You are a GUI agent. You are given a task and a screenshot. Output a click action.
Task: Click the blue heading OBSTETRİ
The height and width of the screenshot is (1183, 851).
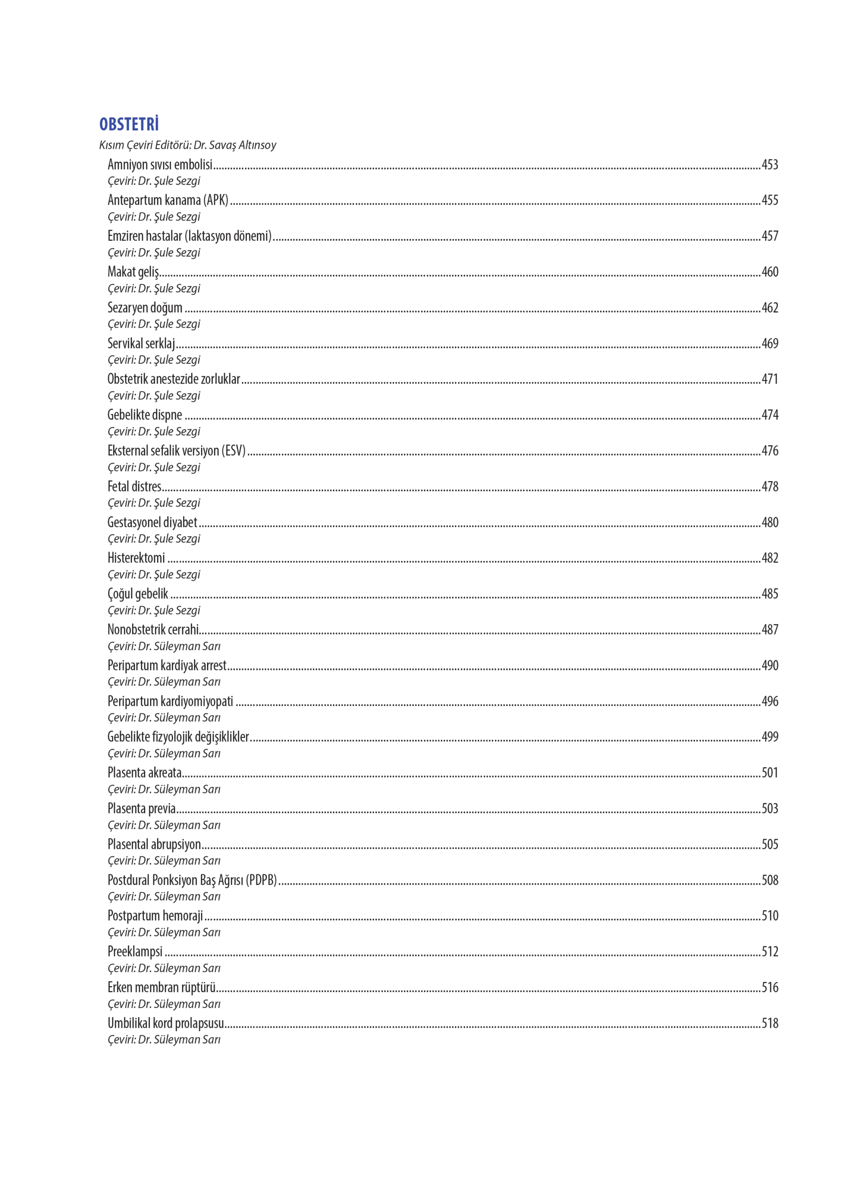(129, 124)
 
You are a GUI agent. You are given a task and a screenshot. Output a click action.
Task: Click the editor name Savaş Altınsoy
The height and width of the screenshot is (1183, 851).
(242, 145)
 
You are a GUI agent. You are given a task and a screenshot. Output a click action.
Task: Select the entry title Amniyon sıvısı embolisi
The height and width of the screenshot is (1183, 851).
(159, 165)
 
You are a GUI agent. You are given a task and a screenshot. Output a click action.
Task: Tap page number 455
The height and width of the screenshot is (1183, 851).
(770, 200)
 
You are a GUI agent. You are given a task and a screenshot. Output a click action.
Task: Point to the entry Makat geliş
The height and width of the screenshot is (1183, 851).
(133, 272)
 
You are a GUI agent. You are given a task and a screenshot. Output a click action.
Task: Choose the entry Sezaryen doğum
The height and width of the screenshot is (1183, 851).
(145, 308)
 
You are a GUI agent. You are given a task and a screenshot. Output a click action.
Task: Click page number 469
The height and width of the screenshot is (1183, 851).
(770, 343)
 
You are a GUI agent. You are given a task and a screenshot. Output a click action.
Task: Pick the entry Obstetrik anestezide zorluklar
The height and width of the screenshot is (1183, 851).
(174, 379)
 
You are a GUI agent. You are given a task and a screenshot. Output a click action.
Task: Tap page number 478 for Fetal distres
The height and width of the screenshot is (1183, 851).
(770, 487)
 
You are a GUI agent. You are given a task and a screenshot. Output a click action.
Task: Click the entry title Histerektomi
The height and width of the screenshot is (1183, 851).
(136, 558)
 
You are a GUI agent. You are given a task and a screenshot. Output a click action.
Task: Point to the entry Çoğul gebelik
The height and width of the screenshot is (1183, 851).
(138, 594)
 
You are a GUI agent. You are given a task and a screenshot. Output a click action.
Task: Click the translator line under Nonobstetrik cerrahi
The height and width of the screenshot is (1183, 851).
(164, 646)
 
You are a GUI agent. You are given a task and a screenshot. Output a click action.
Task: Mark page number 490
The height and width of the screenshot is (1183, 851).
(770, 665)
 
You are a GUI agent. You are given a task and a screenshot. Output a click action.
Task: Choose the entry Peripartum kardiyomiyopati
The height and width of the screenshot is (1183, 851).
(170, 701)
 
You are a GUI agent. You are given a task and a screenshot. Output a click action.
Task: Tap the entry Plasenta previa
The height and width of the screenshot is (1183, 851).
(141, 809)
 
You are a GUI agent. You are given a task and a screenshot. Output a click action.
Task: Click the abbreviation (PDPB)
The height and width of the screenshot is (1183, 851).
(261, 880)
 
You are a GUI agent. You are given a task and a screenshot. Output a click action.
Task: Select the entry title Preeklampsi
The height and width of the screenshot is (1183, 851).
(135, 951)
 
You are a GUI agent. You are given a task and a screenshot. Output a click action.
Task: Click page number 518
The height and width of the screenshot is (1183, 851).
(770, 1024)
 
